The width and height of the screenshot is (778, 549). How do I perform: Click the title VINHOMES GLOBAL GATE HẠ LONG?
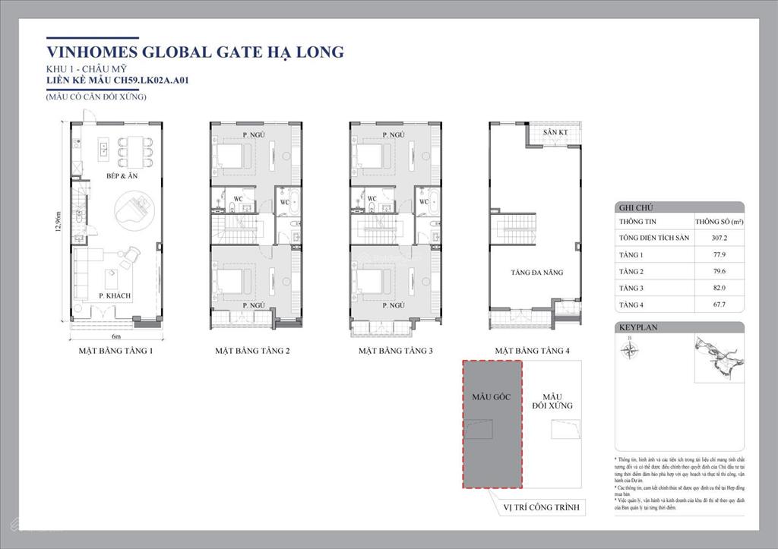[194, 52]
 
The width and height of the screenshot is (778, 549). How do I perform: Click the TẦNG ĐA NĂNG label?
[537, 273]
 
